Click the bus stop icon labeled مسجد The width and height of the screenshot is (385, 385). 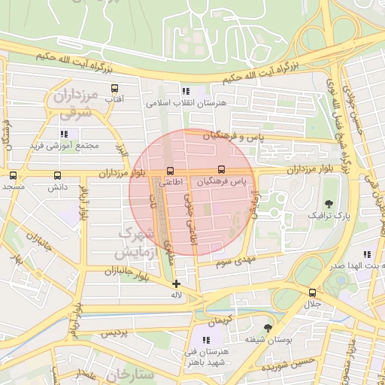tap(13, 175)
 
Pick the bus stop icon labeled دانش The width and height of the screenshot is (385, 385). tap(58, 175)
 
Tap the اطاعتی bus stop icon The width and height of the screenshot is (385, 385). tap(171, 171)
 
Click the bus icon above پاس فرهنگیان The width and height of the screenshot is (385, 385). tap(221, 171)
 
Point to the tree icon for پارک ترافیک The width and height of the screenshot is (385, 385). tap(329, 203)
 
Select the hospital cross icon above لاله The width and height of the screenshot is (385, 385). tap(176, 283)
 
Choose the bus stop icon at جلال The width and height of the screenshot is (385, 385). tap(311, 293)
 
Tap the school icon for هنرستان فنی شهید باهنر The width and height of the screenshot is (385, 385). tap(206, 340)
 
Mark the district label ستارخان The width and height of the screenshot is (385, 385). tap(129, 374)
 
